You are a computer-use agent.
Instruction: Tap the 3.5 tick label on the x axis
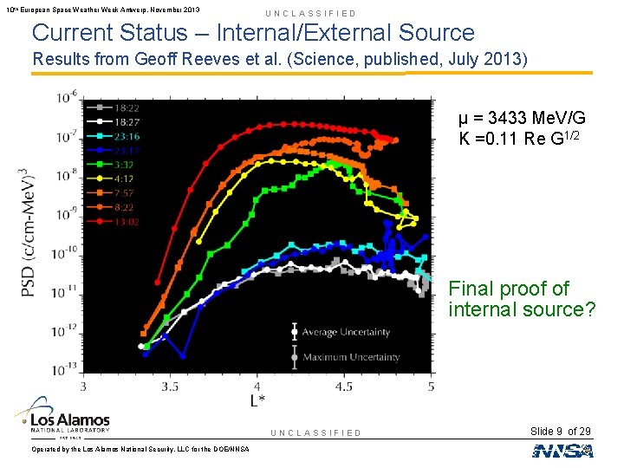click(x=170, y=386)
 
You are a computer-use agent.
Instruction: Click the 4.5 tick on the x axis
click(x=343, y=386)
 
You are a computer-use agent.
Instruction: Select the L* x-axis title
click(x=257, y=400)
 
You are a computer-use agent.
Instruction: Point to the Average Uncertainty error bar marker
click(x=296, y=332)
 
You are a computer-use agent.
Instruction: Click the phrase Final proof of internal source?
click(x=522, y=299)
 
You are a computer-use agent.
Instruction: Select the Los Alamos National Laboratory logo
click(x=66, y=416)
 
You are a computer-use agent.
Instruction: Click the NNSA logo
click(x=562, y=450)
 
